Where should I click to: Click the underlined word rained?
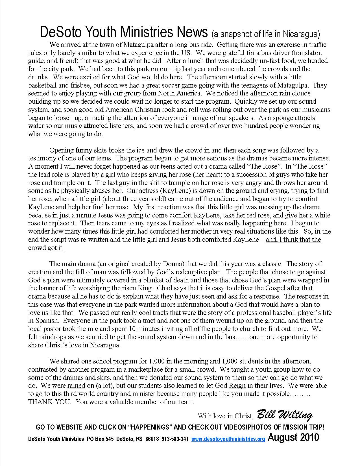point(76,386)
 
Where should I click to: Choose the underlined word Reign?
point(237,386)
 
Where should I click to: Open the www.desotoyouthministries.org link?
point(228,439)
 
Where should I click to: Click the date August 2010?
point(293,437)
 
